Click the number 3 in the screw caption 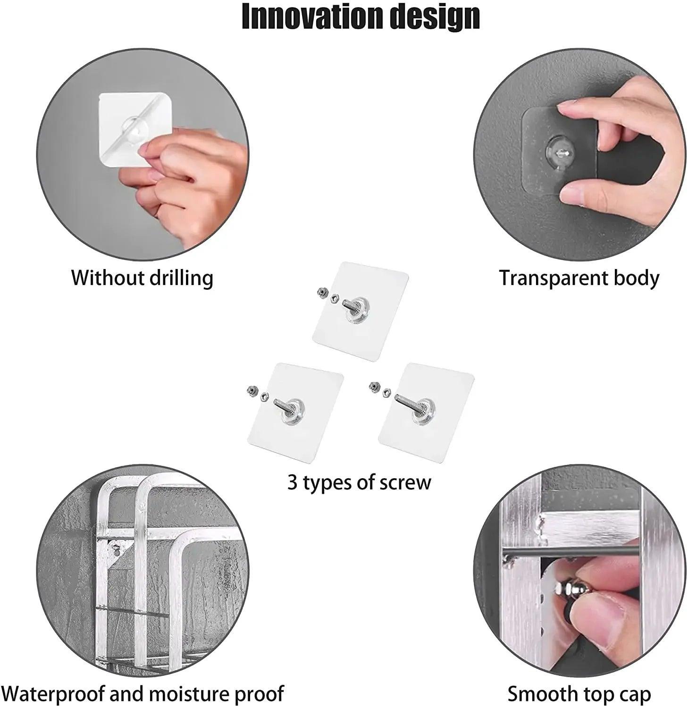[293, 483]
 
